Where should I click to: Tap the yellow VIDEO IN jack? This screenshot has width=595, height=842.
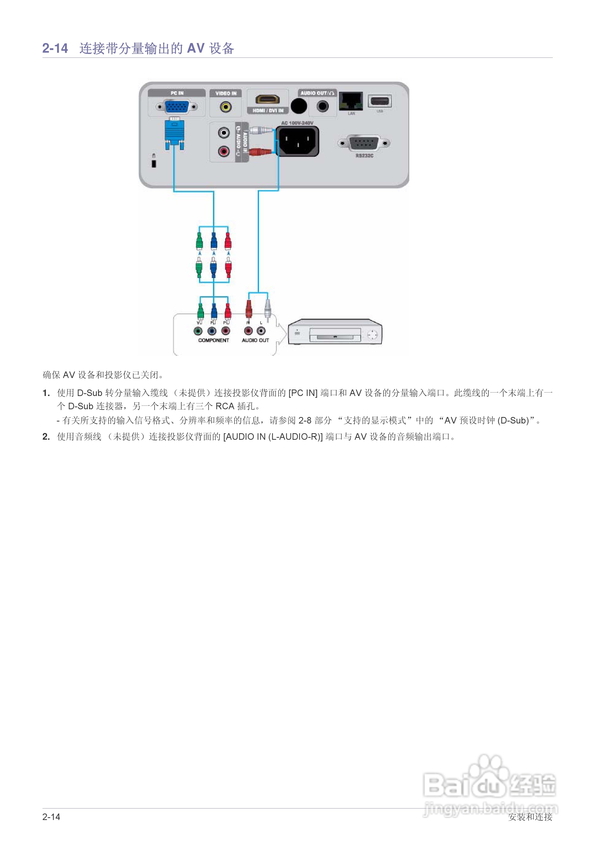tap(225, 107)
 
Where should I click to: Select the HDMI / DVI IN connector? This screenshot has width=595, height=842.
tap(267, 99)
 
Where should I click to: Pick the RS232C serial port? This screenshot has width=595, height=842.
tap(363, 143)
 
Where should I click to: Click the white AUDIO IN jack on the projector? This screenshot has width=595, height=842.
tap(223, 132)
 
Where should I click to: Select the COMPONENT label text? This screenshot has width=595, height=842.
tap(213, 340)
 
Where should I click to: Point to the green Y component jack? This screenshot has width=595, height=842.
tap(198, 331)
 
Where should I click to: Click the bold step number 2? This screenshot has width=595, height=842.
tap(46, 436)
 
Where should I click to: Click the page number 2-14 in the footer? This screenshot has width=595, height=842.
tap(51, 817)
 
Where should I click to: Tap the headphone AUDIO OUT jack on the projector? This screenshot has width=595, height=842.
tap(322, 107)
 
